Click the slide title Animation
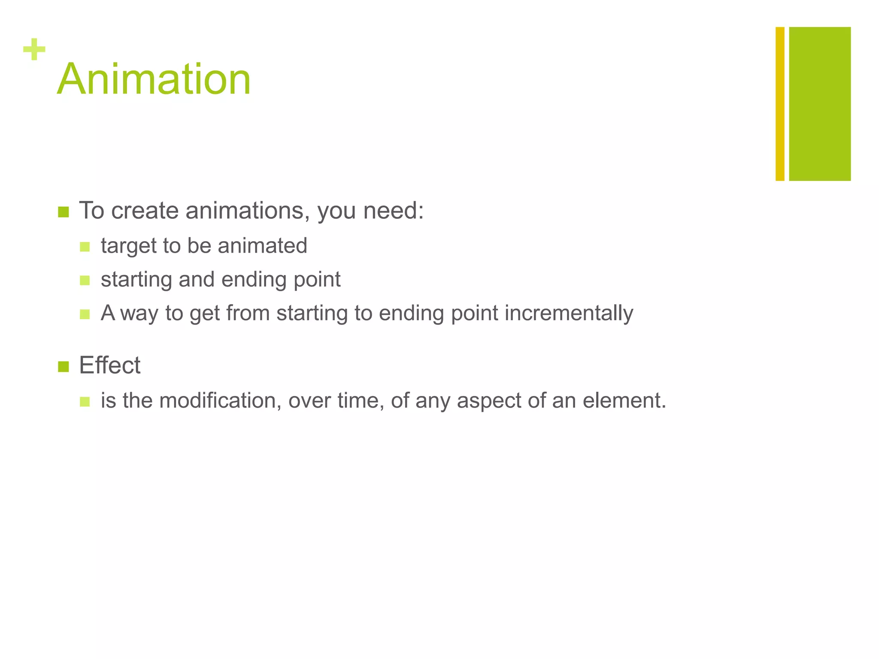[x=154, y=79]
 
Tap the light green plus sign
[x=34, y=49]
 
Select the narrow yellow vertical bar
[x=780, y=104]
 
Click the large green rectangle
[x=820, y=104]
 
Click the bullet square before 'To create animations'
[x=64, y=212]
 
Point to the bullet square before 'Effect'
[x=64, y=367]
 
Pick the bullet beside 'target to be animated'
[x=85, y=247]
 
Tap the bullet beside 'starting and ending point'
[x=85, y=281]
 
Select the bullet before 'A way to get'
[x=85, y=314]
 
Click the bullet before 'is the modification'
[x=85, y=402]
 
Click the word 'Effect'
[x=110, y=366]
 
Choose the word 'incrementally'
[x=569, y=313]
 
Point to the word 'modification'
[x=220, y=401]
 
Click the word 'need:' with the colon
[x=394, y=211]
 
